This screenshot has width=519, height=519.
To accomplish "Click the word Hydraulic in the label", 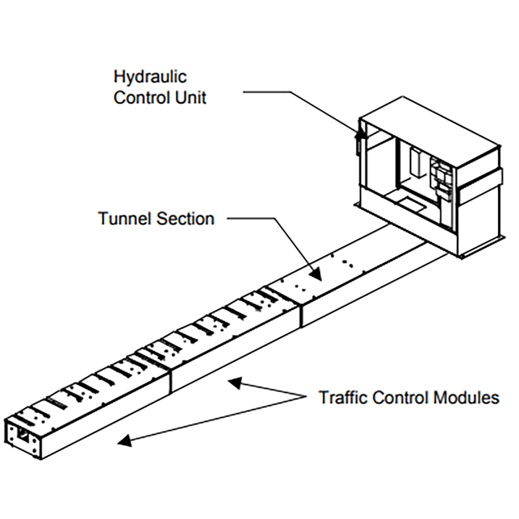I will click(x=150, y=78).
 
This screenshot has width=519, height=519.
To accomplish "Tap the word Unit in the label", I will click(x=190, y=97).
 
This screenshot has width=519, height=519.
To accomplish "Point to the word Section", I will click(x=185, y=218).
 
